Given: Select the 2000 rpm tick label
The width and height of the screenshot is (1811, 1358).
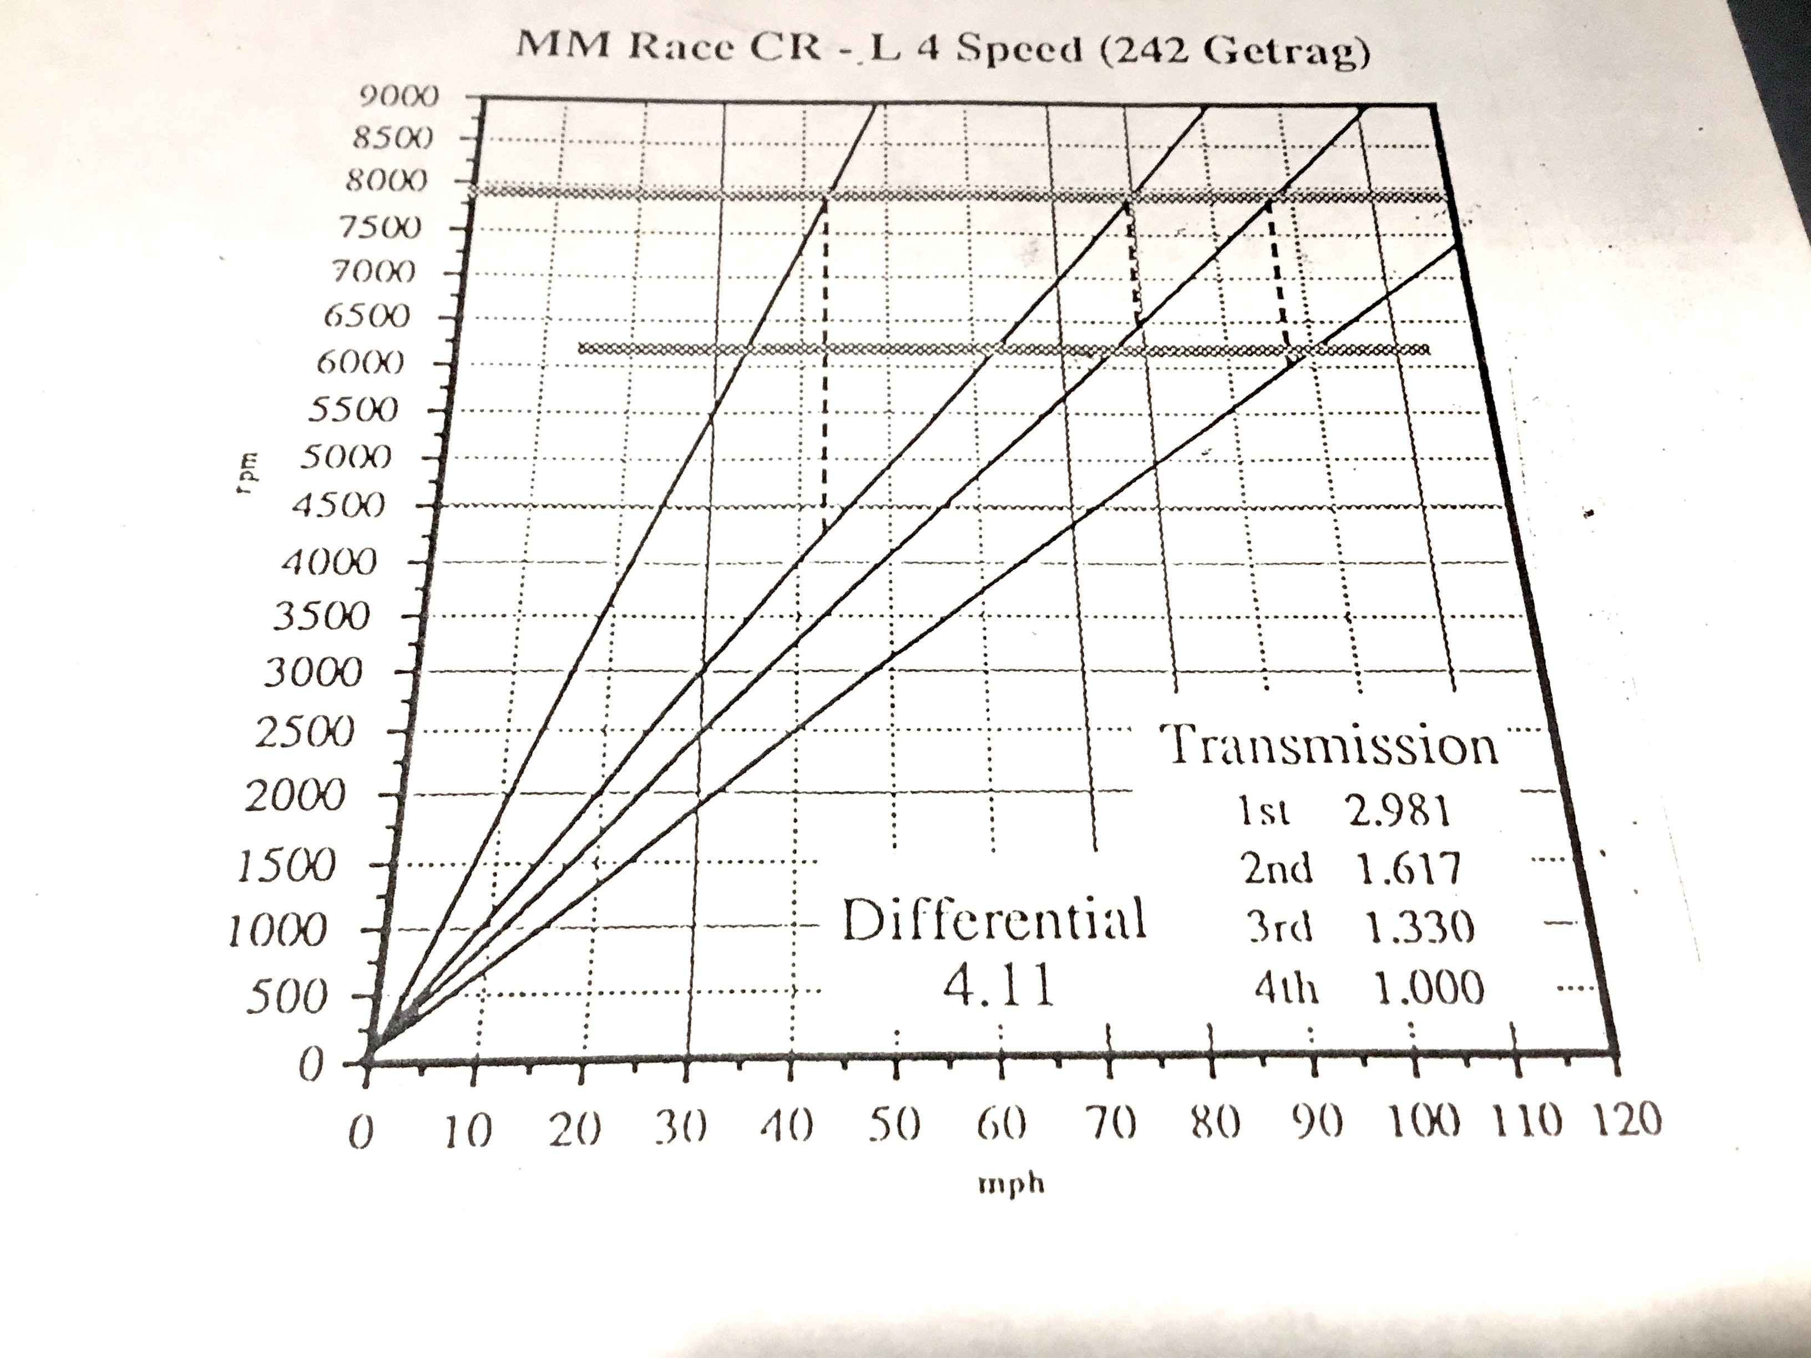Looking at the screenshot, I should pyautogui.click(x=295, y=795).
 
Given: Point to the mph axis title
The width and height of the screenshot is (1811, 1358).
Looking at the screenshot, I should pyautogui.click(x=1012, y=1184).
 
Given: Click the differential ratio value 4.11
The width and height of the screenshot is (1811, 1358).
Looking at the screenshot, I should pyautogui.click(x=997, y=987).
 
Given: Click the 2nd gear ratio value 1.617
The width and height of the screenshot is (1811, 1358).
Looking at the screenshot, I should pyautogui.click(x=1408, y=869).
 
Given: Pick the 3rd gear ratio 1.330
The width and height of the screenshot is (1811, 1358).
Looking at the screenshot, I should pyautogui.click(x=1418, y=928).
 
